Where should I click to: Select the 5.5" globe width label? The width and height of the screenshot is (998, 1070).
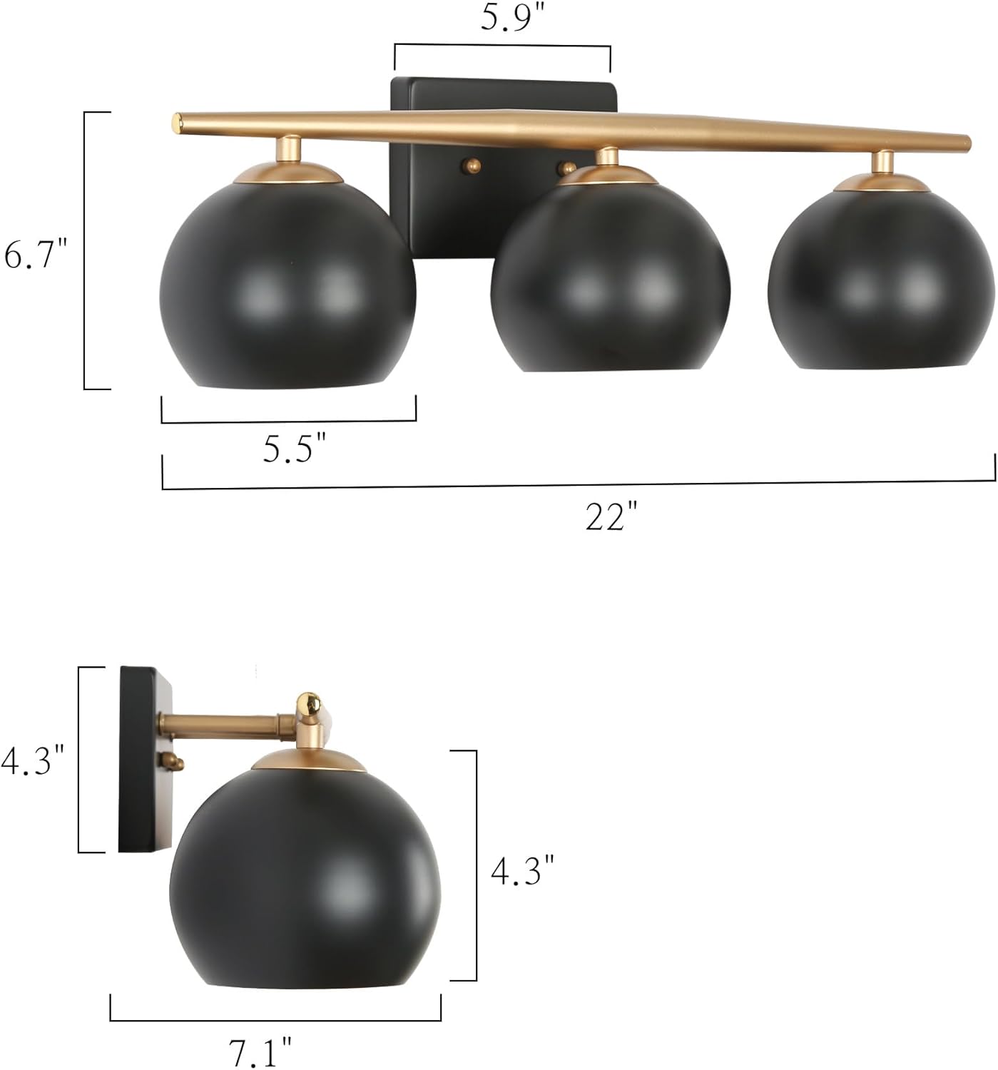point(293,449)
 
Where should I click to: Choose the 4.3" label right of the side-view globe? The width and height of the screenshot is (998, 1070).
point(522,871)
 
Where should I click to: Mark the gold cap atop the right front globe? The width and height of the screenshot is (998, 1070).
point(883,183)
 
